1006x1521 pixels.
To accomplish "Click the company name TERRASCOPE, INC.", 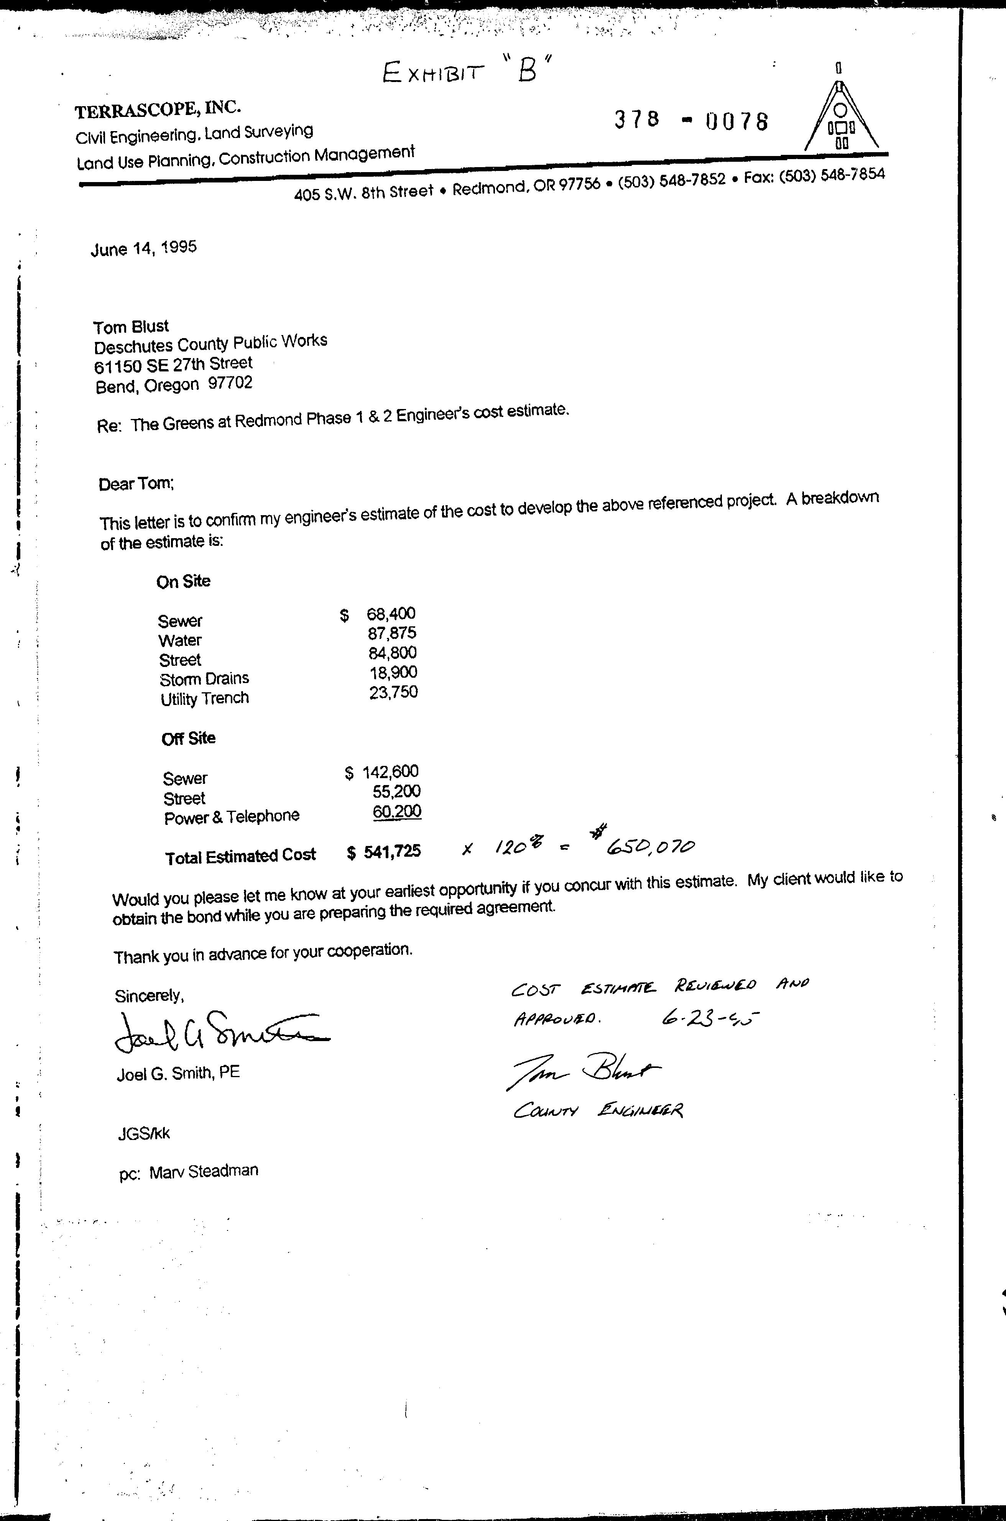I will click(158, 110).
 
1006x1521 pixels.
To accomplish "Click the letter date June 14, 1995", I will click(144, 248).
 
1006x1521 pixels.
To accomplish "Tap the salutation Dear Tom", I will click(136, 484).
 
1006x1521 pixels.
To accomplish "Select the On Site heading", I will click(184, 581).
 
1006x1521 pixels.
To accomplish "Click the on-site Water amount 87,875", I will click(392, 633).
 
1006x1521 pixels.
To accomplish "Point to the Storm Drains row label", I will click(204, 679).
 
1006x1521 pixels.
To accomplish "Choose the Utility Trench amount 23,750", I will click(393, 692).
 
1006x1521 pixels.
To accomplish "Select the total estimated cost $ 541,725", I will click(384, 852).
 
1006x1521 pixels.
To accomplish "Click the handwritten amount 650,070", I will click(650, 847).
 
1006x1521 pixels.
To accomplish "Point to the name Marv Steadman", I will click(203, 1171).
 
